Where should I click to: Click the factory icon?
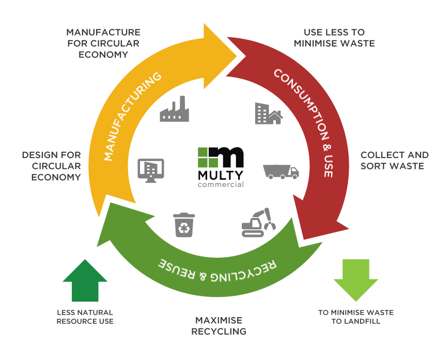[174, 108]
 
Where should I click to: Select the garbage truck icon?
[281, 171]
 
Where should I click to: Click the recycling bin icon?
[184, 225]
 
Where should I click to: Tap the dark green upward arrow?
[85, 281]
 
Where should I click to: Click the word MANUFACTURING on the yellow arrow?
[132, 117]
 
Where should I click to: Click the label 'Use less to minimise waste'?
[334, 38]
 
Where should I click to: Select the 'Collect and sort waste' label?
[394, 160]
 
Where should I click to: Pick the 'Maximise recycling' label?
[219, 326]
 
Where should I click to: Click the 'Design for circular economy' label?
[51, 166]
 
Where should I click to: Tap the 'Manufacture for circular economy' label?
[103, 43]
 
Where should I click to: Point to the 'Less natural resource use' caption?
[85, 317]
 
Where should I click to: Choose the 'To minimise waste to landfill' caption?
[356, 317]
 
